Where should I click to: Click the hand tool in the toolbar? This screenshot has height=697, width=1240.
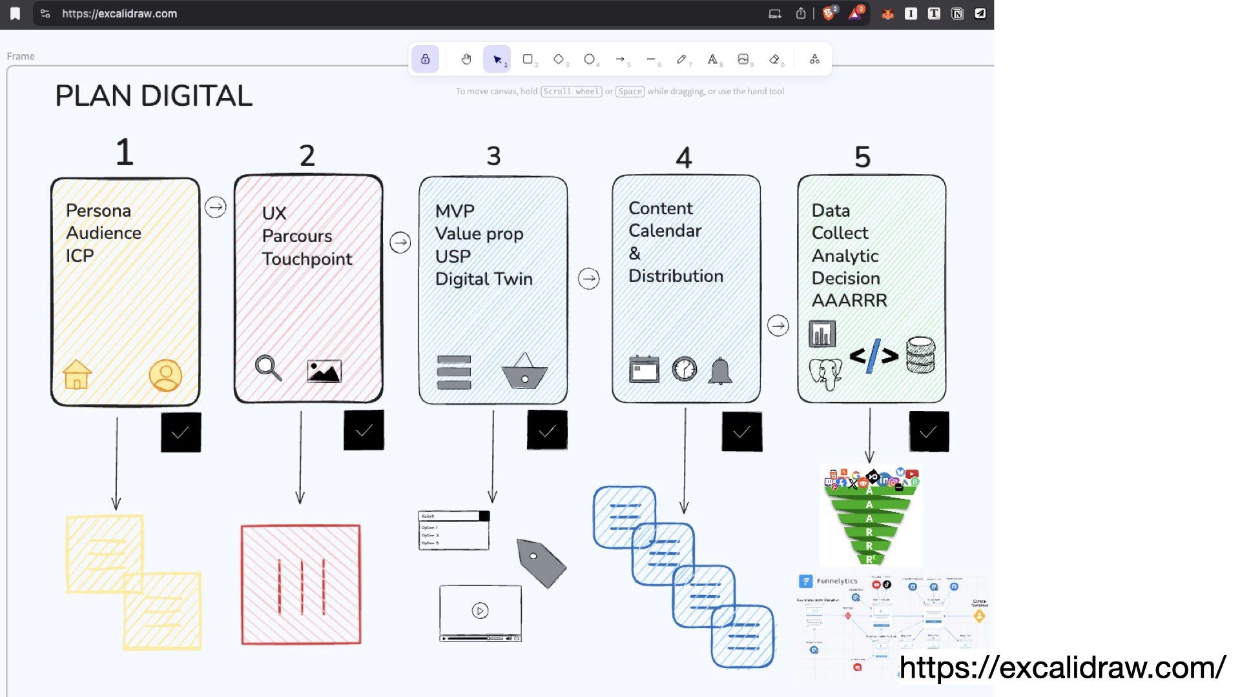point(466,59)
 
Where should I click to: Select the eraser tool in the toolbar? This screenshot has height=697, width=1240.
point(774,59)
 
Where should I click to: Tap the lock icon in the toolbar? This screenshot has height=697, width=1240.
point(426,59)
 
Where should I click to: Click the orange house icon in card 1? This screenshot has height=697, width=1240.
point(77,374)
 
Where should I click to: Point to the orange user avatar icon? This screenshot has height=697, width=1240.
point(165,375)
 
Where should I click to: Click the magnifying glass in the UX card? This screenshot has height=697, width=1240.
point(268,368)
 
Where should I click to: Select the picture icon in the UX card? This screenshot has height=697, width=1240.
point(324,371)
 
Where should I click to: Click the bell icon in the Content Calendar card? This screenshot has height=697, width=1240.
point(720,371)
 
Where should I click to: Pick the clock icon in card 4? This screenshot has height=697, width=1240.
point(685,369)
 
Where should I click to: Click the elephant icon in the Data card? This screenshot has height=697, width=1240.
point(825,374)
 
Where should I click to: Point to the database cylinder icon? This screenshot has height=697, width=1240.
point(920,354)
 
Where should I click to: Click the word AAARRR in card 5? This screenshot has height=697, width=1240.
point(849,301)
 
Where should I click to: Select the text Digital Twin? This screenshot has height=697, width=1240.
point(484,279)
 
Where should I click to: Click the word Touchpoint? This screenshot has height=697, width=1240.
point(307,259)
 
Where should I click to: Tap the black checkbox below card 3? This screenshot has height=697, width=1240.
point(547,430)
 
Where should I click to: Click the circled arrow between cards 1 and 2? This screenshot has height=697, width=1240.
point(216,207)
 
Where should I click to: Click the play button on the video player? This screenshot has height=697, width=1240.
point(480,611)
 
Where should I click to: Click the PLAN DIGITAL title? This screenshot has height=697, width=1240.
point(154,96)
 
